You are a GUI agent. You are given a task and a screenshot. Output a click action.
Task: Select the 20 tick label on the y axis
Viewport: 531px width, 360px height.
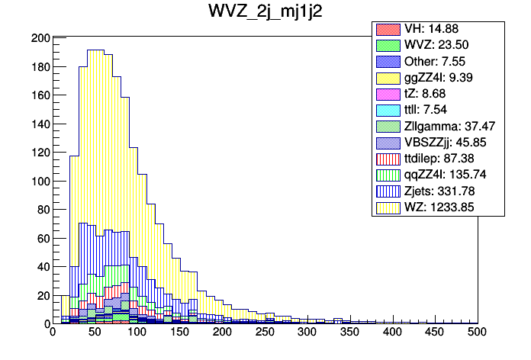pos(43,295)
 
